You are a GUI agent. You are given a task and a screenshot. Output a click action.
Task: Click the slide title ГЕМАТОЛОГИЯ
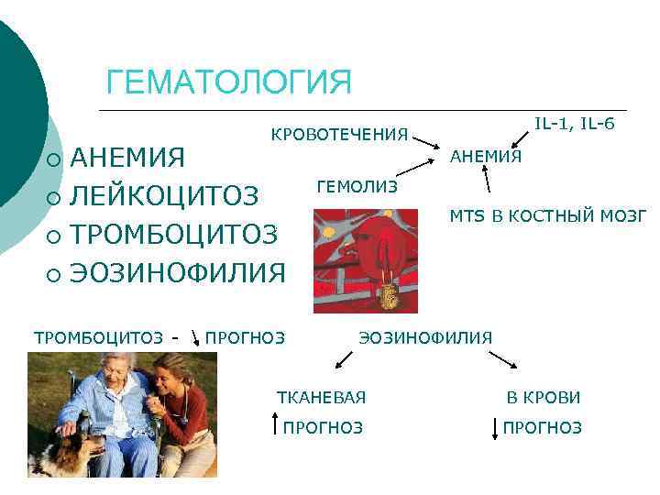pos(228,81)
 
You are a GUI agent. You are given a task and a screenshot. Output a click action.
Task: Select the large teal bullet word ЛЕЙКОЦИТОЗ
pos(165,197)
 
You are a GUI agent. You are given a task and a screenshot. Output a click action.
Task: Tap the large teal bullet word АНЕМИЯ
pos(128,159)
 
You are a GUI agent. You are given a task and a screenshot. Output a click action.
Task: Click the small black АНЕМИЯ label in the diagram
pos(485,157)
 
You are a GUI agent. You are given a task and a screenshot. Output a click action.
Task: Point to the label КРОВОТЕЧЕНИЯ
pos(339,135)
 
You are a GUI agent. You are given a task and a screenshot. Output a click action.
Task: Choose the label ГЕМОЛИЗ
pos(357,187)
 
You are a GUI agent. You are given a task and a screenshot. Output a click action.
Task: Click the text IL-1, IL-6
pos(575,123)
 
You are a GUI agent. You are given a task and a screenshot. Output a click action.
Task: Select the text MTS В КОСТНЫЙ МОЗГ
pos(547,216)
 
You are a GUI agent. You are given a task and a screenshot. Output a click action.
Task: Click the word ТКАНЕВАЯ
pos(321,397)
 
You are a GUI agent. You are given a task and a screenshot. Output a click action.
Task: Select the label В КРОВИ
pos(544,397)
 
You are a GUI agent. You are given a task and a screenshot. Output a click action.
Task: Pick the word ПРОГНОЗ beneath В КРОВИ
pos(542,427)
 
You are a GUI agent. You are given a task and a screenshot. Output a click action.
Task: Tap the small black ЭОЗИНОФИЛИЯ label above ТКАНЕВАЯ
pos(424,337)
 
